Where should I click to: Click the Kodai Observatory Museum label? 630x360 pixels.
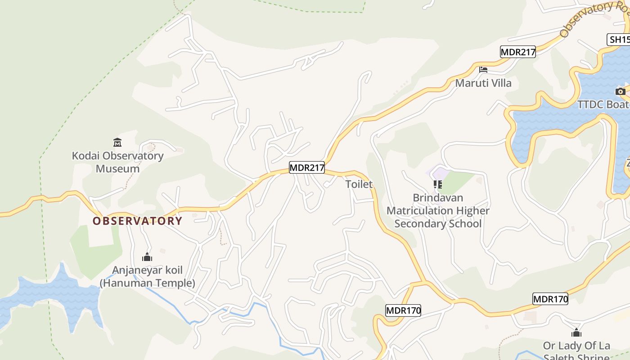[117, 162]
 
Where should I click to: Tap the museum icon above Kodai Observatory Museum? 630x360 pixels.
[117, 143]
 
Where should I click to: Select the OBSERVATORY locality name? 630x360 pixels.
[137, 221]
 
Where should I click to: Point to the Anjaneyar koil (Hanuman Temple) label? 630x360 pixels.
[147, 277]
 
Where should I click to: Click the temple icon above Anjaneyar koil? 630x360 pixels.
[147, 257]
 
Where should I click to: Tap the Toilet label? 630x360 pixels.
[359, 184]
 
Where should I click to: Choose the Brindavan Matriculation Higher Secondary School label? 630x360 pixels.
[438, 211]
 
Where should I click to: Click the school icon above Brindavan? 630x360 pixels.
[437, 184]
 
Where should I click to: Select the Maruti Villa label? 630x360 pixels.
[483, 83]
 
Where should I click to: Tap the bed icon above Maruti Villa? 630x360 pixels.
[483, 70]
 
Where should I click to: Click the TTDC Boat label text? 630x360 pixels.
[603, 104]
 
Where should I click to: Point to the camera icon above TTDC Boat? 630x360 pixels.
[621, 91]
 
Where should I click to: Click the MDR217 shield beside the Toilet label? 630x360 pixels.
[306, 168]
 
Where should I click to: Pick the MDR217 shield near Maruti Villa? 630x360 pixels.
[518, 52]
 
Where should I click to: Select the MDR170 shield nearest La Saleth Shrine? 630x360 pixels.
[550, 298]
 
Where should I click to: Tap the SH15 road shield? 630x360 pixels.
[619, 40]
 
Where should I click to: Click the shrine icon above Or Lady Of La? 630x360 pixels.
[576, 333]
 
